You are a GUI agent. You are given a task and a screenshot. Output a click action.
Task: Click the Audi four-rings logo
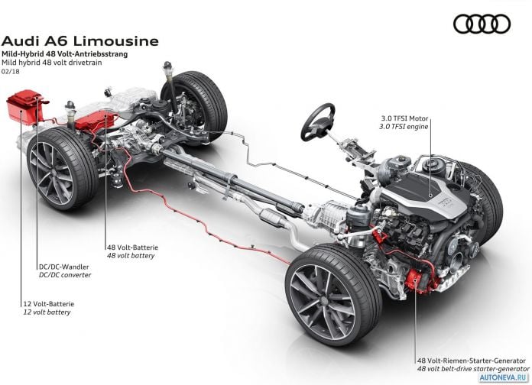482,24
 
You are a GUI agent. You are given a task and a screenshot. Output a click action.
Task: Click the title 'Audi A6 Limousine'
80,41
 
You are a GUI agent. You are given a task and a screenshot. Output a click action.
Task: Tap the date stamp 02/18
11,72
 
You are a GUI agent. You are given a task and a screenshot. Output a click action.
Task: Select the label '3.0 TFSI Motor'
404,118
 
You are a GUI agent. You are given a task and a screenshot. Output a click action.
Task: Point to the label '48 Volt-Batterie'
133,248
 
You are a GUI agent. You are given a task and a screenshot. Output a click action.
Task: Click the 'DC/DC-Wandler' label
63,267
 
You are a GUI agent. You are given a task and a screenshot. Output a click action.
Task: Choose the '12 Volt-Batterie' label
48,304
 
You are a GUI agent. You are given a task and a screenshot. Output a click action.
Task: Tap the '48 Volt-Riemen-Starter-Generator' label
472,361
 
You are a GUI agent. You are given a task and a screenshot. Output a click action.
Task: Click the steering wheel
318,121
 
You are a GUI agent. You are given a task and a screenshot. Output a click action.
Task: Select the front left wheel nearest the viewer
333,294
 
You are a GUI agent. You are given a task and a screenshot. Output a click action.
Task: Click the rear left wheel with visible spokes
62,169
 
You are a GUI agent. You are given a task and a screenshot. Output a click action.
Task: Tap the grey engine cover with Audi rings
427,194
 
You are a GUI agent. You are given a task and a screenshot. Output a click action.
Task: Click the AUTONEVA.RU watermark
504,377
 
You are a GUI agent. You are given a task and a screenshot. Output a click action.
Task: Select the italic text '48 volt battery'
131,256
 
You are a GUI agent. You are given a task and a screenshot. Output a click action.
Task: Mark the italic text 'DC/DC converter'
65,275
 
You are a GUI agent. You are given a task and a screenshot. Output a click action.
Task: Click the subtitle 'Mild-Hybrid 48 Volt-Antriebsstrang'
65,54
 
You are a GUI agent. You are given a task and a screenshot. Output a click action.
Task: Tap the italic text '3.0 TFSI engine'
404,127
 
